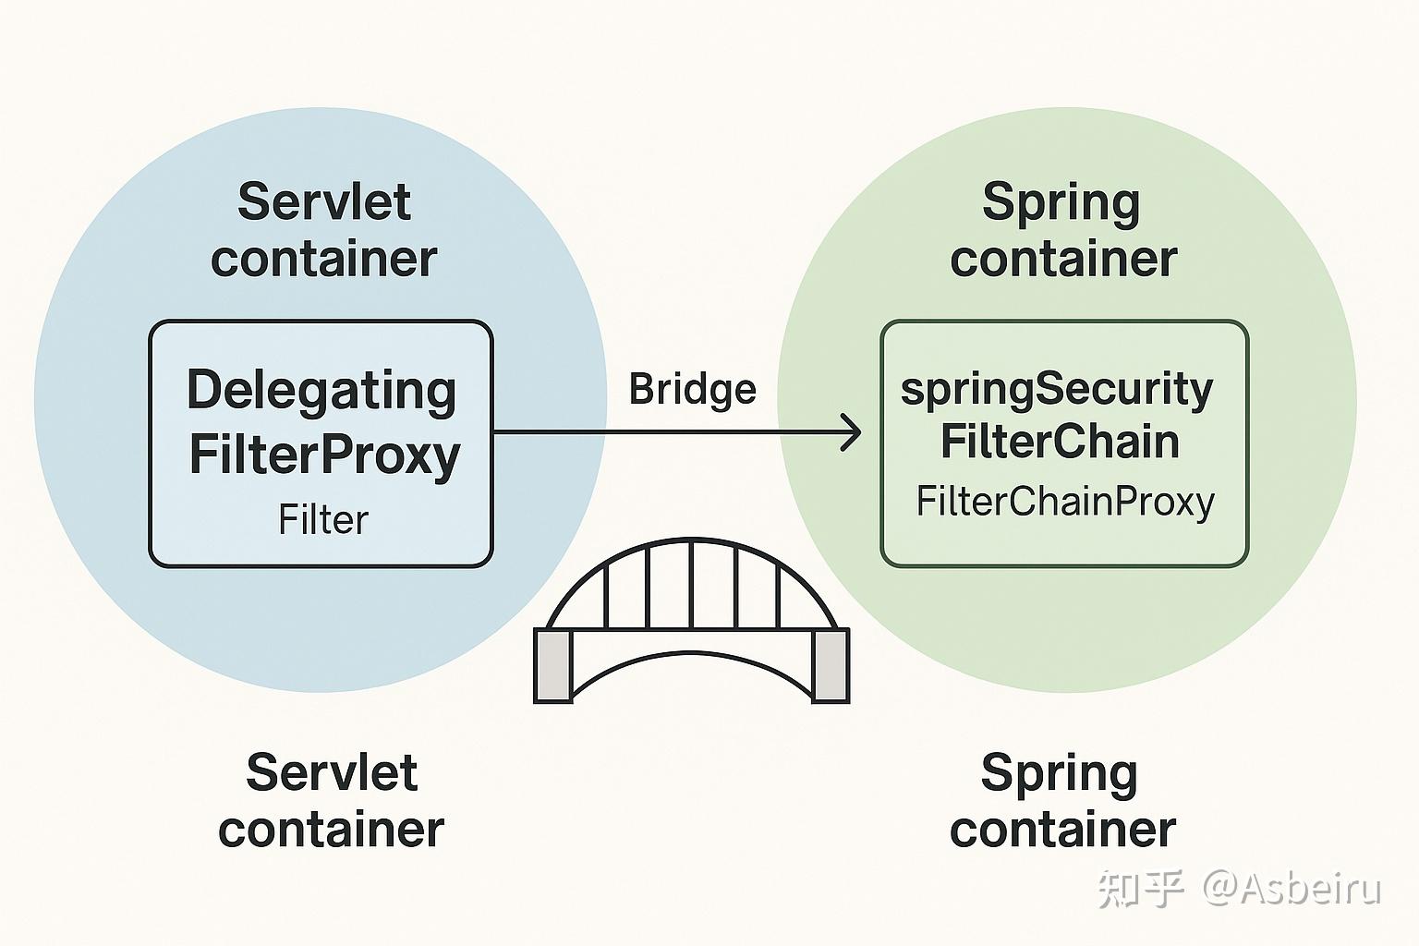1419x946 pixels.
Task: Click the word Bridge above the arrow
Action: pyautogui.click(x=692, y=389)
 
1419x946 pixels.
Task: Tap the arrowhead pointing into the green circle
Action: pyautogui.click(x=852, y=432)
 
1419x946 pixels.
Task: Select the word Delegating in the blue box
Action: pyautogui.click(x=321, y=391)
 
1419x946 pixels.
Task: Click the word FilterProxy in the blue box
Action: pyautogui.click(x=324, y=454)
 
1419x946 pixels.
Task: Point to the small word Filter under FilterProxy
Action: pyautogui.click(x=323, y=520)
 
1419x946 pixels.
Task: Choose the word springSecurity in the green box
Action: pyautogui.click(x=1057, y=389)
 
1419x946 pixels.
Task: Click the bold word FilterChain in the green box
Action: pyautogui.click(x=1060, y=442)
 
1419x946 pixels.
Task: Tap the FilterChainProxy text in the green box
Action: pyautogui.click(x=1064, y=502)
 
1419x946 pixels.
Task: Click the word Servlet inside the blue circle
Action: pyautogui.click(x=323, y=201)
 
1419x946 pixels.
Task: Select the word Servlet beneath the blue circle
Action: pyautogui.click(x=332, y=772)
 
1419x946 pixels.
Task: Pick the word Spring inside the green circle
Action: pyautogui.click(x=1061, y=201)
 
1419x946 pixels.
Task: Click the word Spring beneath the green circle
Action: pyautogui.click(x=1059, y=772)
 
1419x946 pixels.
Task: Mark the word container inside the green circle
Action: pyautogui.click(x=1063, y=259)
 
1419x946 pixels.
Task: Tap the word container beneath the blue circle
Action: pyautogui.click(x=331, y=830)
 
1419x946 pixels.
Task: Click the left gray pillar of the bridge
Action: pyautogui.click(x=553, y=665)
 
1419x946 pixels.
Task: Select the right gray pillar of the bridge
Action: pyautogui.click(x=829, y=665)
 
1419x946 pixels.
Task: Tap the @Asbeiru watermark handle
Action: pyautogui.click(x=1291, y=888)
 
